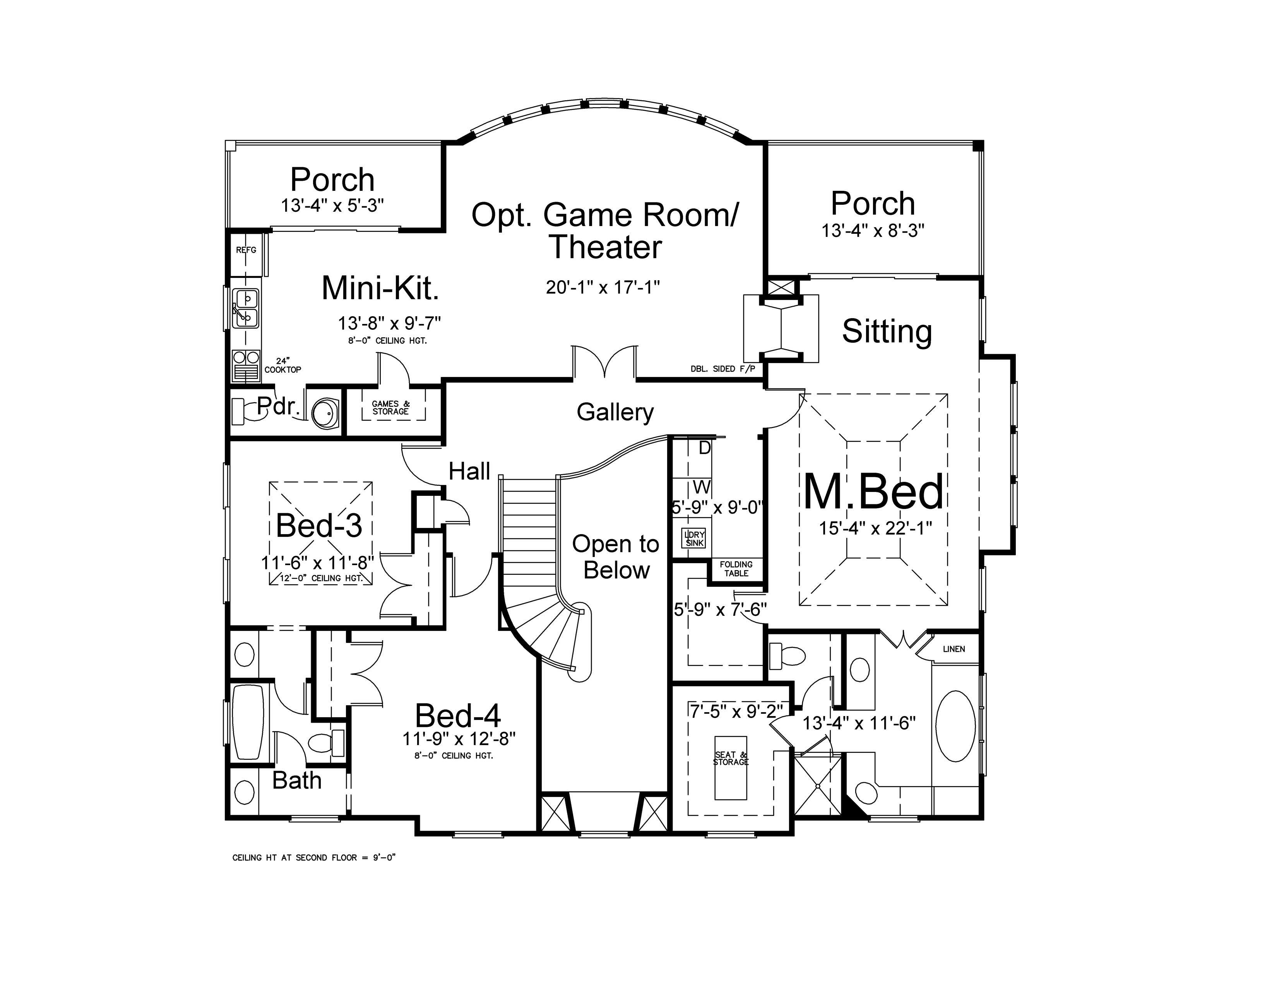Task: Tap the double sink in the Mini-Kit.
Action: pyautogui.click(x=246, y=308)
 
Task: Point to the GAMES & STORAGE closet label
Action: pyautogui.click(x=390, y=408)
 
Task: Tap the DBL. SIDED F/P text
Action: pyautogui.click(x=723, y=369)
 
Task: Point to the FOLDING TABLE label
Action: pyautogui.click(x=736, y=569)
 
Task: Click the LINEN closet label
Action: pyautogui.click(x=953, y=649)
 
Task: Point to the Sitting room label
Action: pyautogui.click(x=887, y=332)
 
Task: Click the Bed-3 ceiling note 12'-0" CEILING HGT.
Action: pyautogui.click(x=320, y=578)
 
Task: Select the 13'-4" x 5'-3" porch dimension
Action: pyautogui.click(x=332, y=206)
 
